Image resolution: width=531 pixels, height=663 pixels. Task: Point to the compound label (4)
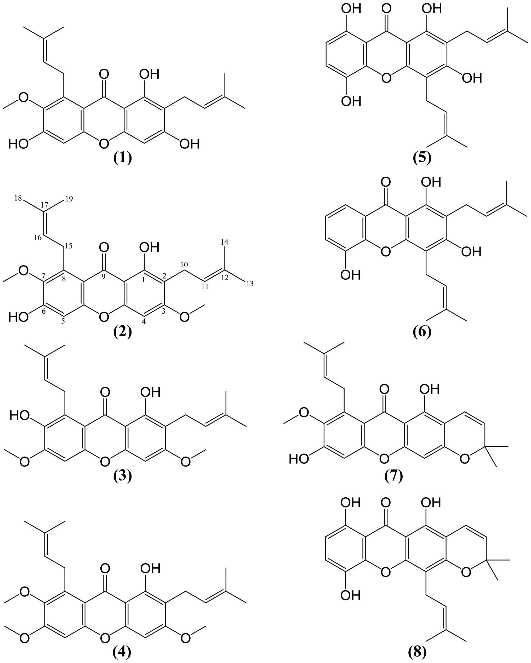122,652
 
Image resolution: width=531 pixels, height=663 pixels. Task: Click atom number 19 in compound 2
69,199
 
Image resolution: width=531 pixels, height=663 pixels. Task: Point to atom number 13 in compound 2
250,284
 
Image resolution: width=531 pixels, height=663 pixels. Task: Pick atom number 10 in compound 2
184,264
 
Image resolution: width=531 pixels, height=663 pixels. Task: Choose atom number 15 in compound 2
68,246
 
